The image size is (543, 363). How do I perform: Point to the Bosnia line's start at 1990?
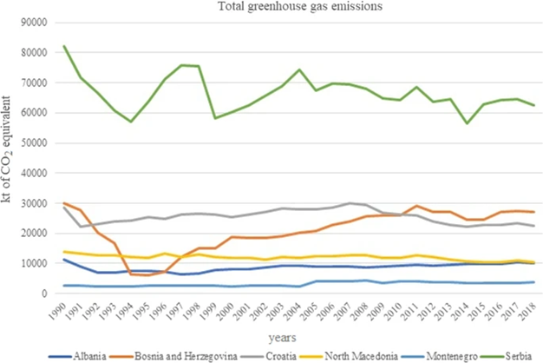[64, 203]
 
